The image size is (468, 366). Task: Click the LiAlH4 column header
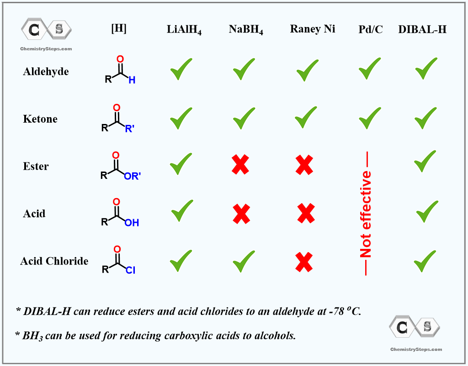tap(184, 30)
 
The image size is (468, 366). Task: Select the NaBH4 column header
tap(246, 30)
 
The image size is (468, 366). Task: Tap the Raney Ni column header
tap(313, 29)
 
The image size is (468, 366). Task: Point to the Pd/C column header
tap(370, 29)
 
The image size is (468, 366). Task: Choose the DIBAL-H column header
tap(422, 29)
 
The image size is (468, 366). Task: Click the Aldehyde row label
tap(46, 72)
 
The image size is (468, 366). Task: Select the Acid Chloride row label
tap(54, 261)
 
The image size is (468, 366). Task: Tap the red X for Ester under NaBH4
tap(240, 164)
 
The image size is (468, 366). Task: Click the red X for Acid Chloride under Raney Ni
tap(304, 262)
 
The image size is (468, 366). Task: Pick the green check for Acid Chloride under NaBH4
tap(244, 261)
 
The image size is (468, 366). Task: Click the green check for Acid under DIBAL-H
tap(427, 211)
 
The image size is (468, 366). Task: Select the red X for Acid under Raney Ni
tap(306, 213)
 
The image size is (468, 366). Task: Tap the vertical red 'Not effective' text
tap(366, 213)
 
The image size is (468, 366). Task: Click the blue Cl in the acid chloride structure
tap(130, 270)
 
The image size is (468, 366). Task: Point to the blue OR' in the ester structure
tap(132, 176)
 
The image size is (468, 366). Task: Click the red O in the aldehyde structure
tap(120, 59)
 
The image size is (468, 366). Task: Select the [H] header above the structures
tap(119, 28)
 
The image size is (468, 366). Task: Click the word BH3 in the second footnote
tap(32, 336)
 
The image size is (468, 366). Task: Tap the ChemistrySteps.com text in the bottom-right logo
tap(416, 349)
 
